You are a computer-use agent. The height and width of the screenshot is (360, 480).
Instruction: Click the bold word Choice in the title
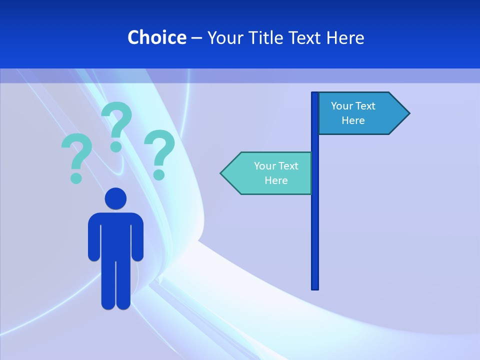click(x=156, y=37)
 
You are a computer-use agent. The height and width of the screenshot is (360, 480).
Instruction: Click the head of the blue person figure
click(x=115, y=198)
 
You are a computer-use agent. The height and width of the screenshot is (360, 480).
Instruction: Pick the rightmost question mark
click(x=159, y=152)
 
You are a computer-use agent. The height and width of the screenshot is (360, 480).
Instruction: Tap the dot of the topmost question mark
click(x=116, y=146)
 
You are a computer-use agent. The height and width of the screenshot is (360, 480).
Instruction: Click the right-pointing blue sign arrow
click(x=360, y=113)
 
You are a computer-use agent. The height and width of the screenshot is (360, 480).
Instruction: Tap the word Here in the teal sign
click(x=276, y=180)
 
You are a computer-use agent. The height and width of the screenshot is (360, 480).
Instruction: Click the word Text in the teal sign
click(x=288, y=166)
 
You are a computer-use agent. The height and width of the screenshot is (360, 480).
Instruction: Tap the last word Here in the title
click(x=345, y=37)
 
